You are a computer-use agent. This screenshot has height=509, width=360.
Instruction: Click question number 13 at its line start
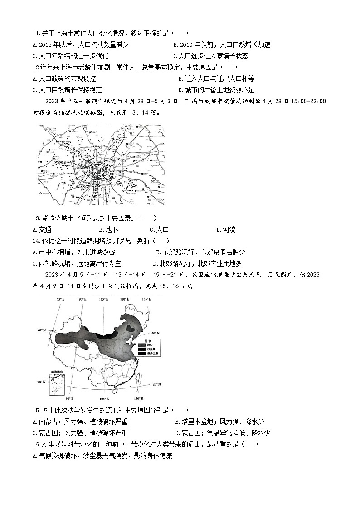click(37, 218)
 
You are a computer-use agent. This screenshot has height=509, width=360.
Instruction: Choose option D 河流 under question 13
click(226, 229)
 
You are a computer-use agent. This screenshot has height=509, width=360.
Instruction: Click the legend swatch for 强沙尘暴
click(133, 353)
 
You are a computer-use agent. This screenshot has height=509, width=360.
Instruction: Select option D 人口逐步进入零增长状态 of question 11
click(210, 56)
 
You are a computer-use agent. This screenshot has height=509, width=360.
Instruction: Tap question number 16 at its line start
click(37, 444)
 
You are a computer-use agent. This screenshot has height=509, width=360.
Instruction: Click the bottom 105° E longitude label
click(103, 398)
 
